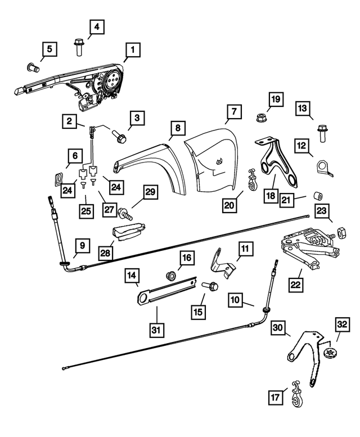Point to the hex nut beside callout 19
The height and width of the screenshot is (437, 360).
click(x=261, y=118)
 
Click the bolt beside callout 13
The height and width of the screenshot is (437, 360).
click(x=322, y=132)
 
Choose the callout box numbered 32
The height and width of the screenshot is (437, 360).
click(x=342, y=326)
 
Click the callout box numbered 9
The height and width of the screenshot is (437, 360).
click(x=82, y=245)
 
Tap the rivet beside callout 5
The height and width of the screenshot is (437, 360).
click(x=31, y=68)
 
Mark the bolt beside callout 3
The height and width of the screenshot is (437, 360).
click(x=119, y=135)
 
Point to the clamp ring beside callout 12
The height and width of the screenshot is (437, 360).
click(x=323, y=168)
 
